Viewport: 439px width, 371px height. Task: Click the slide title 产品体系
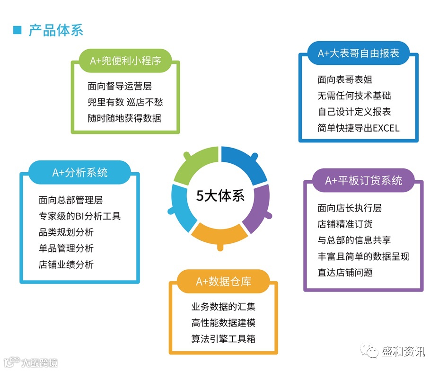[56, 31]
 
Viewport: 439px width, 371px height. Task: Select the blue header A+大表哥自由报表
[358, 53]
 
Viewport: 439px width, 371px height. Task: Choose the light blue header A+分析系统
[79, 173]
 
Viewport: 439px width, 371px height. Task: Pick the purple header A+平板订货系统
[363, 181]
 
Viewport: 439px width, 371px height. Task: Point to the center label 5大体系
[220, 195]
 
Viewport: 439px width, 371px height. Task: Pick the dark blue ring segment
[244, 163]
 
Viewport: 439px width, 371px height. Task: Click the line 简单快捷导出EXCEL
[358, 128]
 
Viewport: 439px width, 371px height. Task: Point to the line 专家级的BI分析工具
[79, 216]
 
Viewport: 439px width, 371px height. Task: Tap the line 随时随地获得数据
[124, 118]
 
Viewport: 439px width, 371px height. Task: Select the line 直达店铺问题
[345, 273]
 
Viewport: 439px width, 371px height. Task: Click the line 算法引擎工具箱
[223, 339]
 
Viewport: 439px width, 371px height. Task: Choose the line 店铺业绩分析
[66, 265]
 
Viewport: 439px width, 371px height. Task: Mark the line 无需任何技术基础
[354, 96]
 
